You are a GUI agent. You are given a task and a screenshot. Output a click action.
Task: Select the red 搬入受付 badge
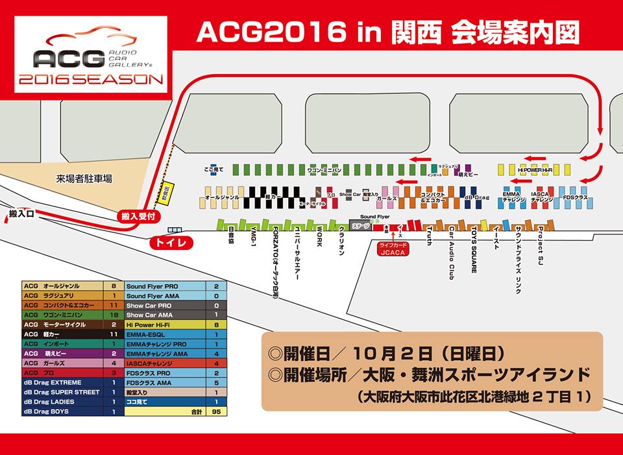tap(138, 216)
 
